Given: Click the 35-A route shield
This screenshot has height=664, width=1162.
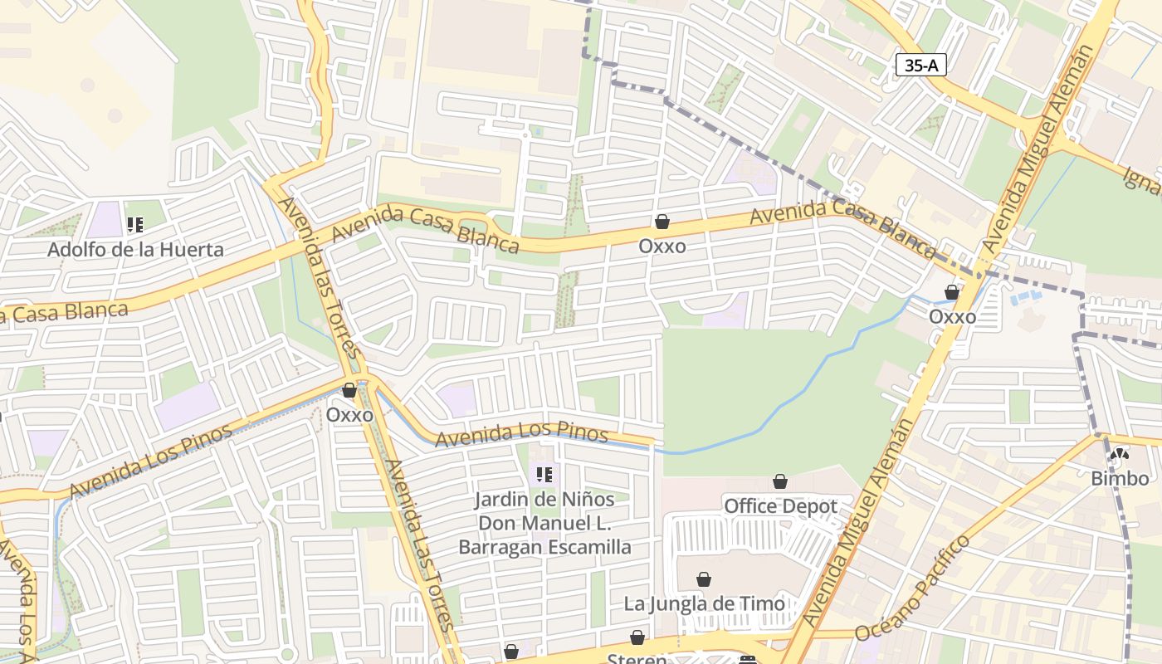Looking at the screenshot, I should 921,66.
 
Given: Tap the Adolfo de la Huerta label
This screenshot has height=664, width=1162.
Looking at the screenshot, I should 135,249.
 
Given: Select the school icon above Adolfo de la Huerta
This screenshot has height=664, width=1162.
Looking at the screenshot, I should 135,224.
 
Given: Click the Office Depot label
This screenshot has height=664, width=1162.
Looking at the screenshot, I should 779,505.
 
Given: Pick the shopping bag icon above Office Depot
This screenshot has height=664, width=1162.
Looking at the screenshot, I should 779,481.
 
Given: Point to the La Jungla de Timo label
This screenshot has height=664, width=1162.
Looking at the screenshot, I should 704,603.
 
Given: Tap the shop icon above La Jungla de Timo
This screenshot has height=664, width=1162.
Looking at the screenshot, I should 704,579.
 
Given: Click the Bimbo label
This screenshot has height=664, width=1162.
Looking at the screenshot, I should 1120,478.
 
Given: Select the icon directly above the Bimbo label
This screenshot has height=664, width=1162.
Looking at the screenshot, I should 1120,454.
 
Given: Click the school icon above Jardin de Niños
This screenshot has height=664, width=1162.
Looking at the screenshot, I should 544,475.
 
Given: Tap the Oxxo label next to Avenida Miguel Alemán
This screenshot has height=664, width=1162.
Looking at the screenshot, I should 952,316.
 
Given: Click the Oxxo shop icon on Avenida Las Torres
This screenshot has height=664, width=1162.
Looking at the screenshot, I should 349,390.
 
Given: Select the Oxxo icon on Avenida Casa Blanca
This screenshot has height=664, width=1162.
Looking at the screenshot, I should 662,222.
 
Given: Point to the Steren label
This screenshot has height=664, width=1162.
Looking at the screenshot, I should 637,658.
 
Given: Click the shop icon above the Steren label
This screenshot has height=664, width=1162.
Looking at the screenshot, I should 637,637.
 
